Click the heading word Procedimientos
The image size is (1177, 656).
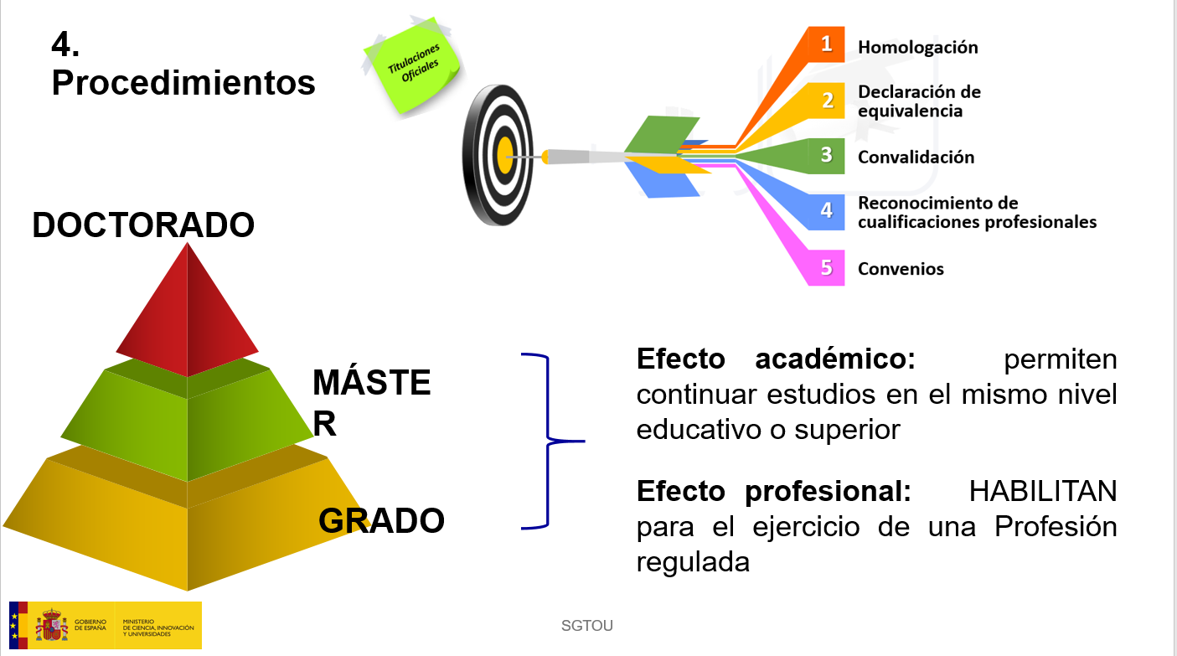(x=183, y=83)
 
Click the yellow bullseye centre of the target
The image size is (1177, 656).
(x=505, y=155)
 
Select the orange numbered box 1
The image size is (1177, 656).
(x=826, y=44)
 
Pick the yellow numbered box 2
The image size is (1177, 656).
(x=827, y=101)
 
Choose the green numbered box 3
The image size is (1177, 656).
(x=826, y=156)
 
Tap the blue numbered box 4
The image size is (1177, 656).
(x=826, y=211)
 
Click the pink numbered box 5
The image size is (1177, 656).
(x=826, y=268)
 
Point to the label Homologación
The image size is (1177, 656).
(x=917, y=48)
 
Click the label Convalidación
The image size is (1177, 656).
(x=916, y=157)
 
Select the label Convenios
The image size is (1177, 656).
(x=901, y=269)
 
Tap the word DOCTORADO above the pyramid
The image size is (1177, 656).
(x=143, y=225)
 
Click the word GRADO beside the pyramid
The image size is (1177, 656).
(x=381, y=521)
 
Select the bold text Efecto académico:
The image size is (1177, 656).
(x=776, y=359)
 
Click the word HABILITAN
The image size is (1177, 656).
(x=1043, y=492)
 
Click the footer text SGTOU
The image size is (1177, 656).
(x=587, y=626)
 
